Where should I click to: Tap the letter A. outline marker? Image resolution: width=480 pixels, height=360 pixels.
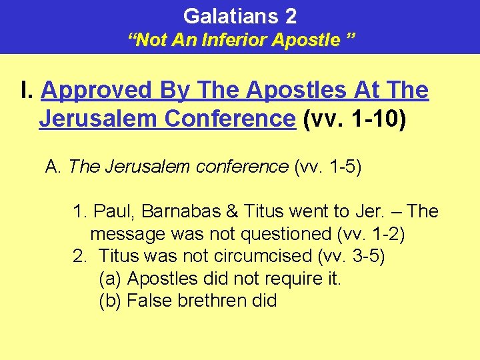click(x=53, y=166)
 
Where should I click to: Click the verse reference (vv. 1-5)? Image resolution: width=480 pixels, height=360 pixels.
click(x=327, y=166)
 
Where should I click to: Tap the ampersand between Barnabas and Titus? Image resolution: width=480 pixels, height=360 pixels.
click(x=233, y=211)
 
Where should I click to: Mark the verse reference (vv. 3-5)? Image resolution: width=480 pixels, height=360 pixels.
click(x=350, y=256)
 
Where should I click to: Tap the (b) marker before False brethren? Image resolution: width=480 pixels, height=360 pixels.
click(x=110, y=301)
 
